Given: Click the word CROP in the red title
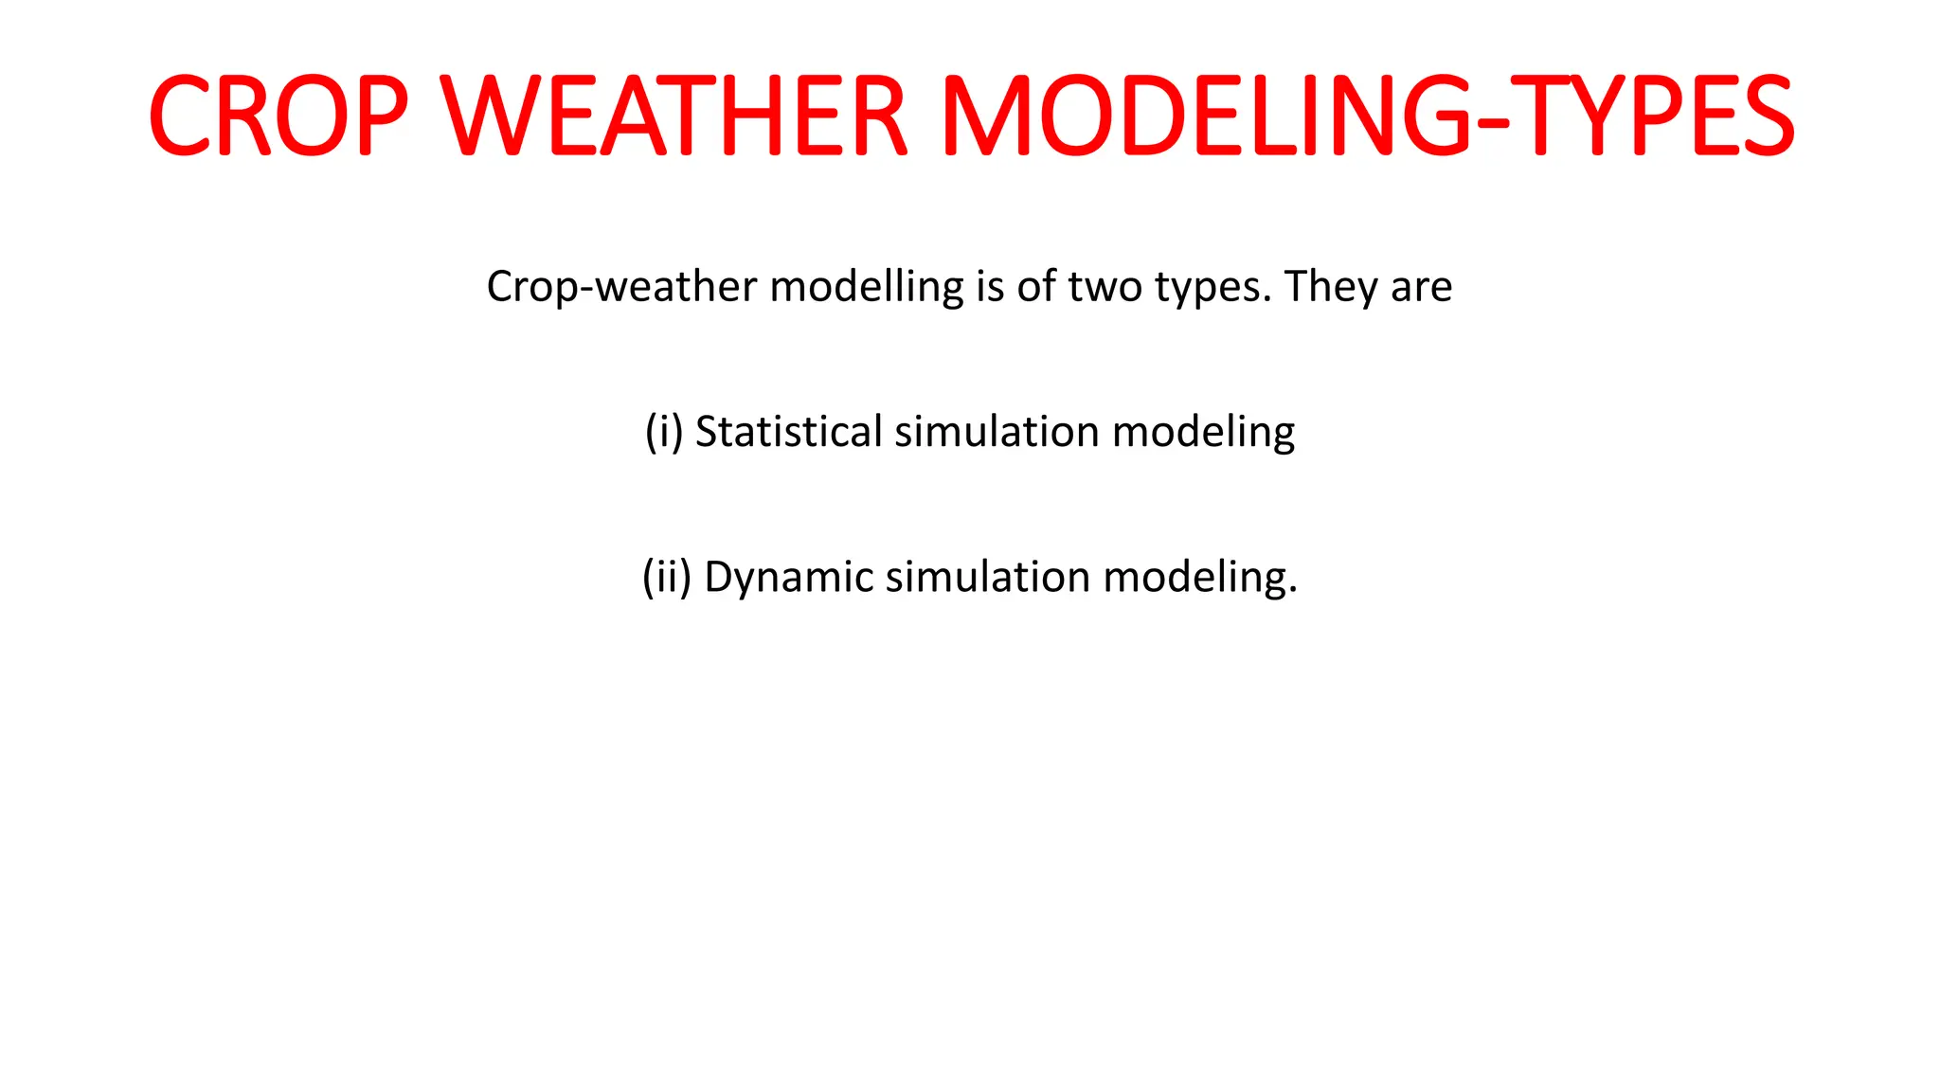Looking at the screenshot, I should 278,116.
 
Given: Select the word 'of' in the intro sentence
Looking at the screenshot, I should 1036,287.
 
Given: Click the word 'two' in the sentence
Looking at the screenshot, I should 1105,287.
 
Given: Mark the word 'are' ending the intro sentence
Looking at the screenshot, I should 1421,287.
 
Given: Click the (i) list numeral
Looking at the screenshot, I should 664,432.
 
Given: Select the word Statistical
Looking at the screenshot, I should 789,432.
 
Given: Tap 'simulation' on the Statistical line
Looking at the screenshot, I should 997,432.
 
